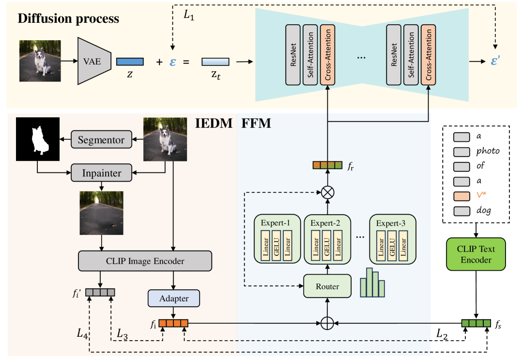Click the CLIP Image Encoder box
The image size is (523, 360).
[145, 261]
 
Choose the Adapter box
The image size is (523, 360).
[174, 298]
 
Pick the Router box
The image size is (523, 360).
[327, 286]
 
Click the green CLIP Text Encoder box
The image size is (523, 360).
[476, 253]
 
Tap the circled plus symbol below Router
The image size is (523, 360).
[328, 323]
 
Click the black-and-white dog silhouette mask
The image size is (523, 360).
[37, 139]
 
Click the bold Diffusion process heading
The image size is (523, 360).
[68, 19]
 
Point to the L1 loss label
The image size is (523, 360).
[188, 15]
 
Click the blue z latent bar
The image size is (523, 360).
[130, 62]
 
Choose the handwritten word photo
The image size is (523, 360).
[488, 151]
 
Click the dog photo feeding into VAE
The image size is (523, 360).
[40, 61]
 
